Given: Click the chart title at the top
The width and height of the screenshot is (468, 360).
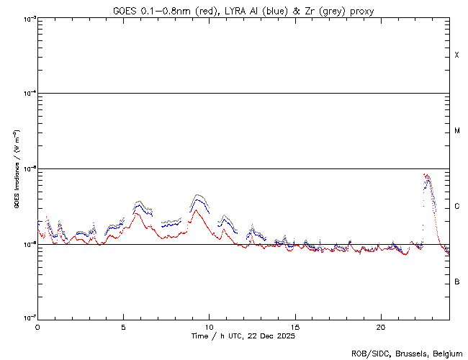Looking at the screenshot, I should click(243, 10).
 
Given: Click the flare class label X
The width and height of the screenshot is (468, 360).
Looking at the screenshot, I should click(456, 55).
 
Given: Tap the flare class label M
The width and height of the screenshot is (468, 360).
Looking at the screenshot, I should click(456, 131).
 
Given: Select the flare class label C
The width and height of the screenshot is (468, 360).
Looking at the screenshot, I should click(456, 207).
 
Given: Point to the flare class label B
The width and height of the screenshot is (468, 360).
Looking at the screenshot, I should click(456, 282).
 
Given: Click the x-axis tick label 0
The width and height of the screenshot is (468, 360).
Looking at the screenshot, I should click(37, 326).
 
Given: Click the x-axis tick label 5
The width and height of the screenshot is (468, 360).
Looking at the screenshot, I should click(123, 326).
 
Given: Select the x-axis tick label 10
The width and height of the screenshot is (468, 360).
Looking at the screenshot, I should click(209, 326).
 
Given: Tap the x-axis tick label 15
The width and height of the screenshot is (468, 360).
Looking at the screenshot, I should click(294, 326).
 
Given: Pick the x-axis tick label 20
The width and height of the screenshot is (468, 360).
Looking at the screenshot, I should click(380, 326).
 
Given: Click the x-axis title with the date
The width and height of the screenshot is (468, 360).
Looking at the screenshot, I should click(243, 336).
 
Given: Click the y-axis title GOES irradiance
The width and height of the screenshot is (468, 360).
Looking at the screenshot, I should click(16, 169).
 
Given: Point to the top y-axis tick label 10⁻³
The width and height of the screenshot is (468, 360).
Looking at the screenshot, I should click(27, 18).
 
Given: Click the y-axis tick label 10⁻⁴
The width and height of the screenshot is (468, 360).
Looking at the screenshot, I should click(27, 94).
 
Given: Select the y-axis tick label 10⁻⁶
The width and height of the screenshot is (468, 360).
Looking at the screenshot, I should click(27, 244).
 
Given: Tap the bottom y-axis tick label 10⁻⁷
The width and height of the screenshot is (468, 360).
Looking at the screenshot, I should click(27, 318).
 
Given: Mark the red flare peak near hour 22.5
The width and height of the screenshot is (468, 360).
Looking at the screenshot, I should click(426, 174).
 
